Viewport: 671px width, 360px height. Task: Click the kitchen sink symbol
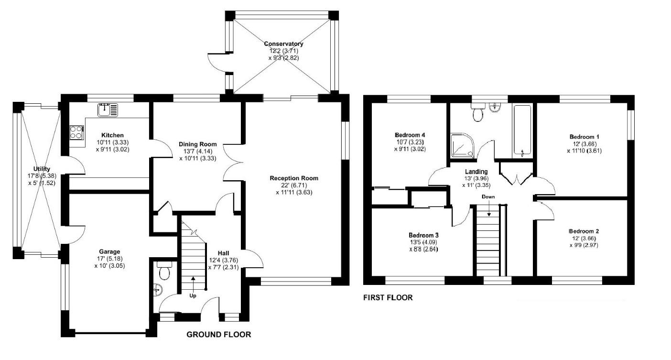pos(108,110)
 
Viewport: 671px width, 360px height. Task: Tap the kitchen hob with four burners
pos(76,132)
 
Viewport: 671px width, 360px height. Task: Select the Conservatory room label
pos(284,44)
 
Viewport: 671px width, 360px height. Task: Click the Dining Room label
pos(197,144)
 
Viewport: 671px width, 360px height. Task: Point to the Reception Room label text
pos(293,178)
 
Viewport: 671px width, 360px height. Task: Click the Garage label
pos(109,251)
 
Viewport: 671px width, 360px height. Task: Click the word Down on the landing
pos(488,196)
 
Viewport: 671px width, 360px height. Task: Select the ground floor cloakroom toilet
pos(164,271)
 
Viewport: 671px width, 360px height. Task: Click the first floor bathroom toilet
pos(477,113)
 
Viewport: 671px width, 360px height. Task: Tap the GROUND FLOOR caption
pos(218,335)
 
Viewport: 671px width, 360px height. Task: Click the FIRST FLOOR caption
pos(388,297)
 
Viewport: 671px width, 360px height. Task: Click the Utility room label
pos(42,169)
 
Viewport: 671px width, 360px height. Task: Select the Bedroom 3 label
pos(423,235)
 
